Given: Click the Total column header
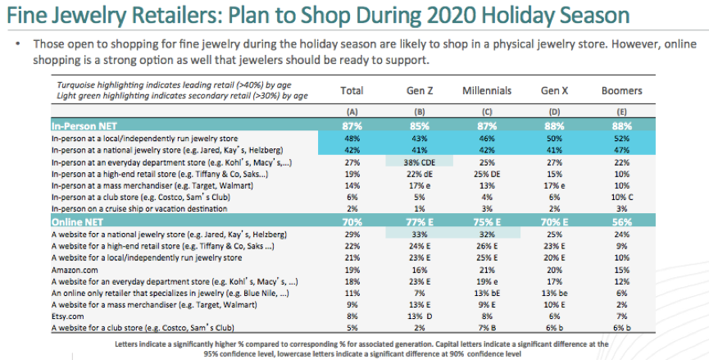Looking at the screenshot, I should (x=352, y=90).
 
